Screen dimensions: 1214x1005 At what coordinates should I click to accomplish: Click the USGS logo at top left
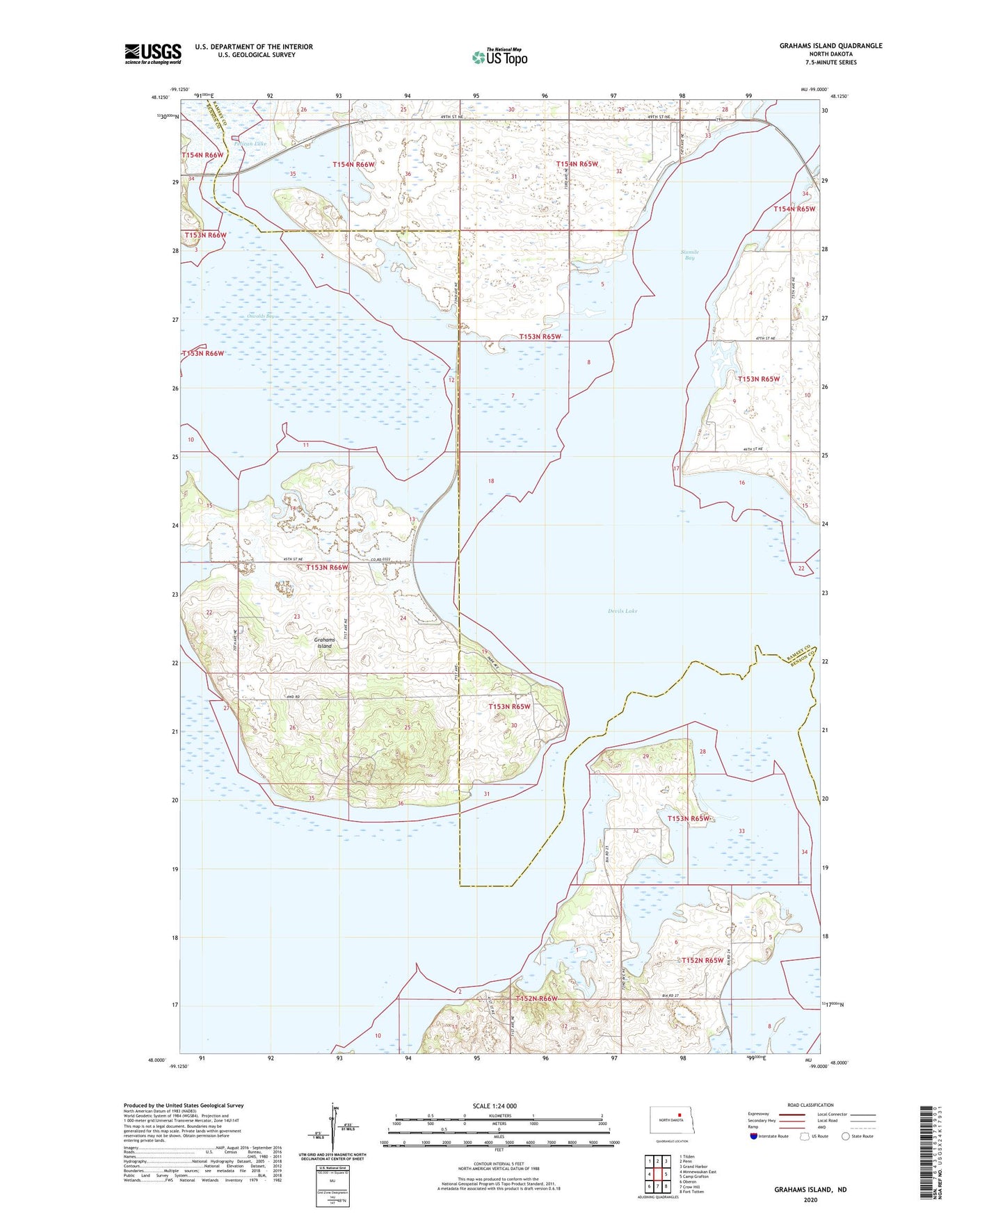153,54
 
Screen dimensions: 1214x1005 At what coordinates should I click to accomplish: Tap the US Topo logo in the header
499,56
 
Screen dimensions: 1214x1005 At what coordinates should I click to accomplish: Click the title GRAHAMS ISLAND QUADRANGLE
830,46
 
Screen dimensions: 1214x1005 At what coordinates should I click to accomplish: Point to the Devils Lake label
622,611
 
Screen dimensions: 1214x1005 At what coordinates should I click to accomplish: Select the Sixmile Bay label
689,255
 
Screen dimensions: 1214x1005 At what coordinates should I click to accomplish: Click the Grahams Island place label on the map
325,643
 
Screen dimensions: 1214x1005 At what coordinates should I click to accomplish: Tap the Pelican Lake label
250,144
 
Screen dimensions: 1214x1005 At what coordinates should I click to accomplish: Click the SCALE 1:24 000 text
495,1106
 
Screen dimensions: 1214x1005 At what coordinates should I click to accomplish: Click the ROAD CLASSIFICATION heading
810,1105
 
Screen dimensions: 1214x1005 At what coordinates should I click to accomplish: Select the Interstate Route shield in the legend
755,1136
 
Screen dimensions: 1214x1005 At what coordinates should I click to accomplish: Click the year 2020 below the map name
810,1199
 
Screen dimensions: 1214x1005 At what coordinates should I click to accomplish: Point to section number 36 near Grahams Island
401,804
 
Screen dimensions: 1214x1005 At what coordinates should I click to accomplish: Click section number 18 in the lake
491,481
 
